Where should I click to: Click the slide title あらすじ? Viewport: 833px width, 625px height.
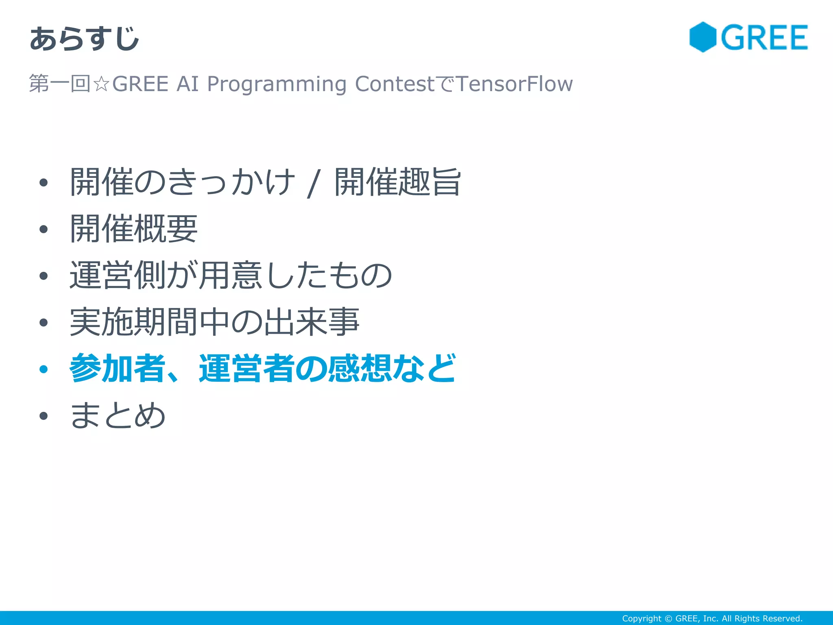tap(85, 39)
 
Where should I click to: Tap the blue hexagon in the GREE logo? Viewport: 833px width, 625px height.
tap(702, 37)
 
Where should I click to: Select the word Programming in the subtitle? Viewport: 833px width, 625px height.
tap(277, 84)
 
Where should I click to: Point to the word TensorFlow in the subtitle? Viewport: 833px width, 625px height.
tap(515, 84)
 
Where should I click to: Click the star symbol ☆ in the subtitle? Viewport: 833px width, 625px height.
tap(101, 84)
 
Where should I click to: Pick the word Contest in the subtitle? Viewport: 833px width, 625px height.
tap(395, 84)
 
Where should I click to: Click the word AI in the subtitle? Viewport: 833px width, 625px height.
tap(188, 84)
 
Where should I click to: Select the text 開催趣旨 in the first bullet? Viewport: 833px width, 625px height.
tap(397, 182)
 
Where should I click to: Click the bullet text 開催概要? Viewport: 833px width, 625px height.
tap(134, 229)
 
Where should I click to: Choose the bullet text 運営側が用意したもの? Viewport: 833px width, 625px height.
tap(231, 275)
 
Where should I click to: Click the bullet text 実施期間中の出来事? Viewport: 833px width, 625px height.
tap(214, 322)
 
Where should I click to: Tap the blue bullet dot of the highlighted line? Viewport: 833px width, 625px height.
tap(44, 369)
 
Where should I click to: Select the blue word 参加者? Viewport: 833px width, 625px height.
tap(117, 368)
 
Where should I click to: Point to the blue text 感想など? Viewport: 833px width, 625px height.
tap(392, 368)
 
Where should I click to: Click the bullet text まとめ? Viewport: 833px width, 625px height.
tap(118, 415)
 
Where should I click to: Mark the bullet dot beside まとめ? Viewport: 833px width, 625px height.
tap(44, 416)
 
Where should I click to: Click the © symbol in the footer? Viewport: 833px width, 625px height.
tap(668, 618)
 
